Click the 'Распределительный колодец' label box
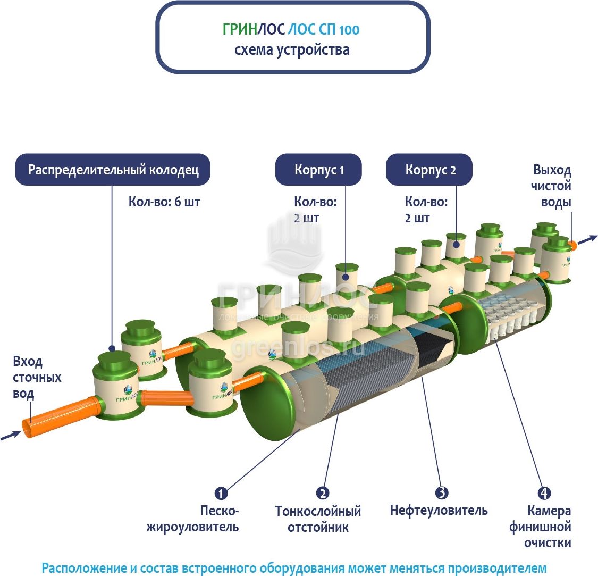pos(113,170)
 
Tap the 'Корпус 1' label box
pos(318,170)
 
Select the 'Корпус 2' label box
pos(429,170)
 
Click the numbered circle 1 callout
pos(221,493)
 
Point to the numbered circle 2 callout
pos(322,493)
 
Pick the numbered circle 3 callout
pos(442,493)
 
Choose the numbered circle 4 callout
pos(544,493)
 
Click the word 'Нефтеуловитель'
pos(439,511)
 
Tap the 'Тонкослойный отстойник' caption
pos(318,519)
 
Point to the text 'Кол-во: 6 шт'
pos(164,202)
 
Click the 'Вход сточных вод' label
pos(37,378)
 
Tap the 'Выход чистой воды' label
pos(552,186)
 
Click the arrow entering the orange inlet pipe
pos(11,436)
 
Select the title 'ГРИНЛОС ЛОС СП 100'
pos(291,30)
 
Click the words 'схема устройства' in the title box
pos(292,50)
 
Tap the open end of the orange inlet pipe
pos(28,429)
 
